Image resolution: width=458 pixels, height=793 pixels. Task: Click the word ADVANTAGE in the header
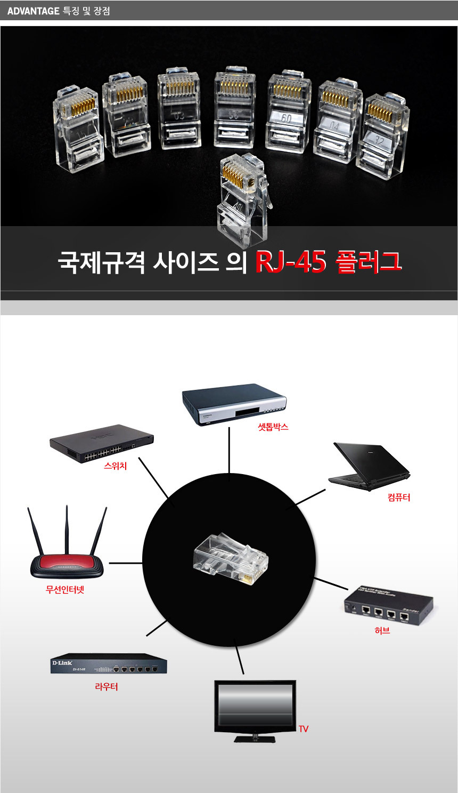tap(33, 11)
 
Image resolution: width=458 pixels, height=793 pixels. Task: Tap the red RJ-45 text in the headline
tap(290, 262)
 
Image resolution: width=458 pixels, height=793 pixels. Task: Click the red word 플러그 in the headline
tap(368, 262)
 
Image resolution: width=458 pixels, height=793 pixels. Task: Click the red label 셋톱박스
tap(273, 427)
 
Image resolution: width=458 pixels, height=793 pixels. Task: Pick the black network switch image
tap(101, 443)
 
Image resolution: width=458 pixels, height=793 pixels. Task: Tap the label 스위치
tap(115, 466)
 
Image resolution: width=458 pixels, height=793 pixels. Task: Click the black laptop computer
tap(368, 466)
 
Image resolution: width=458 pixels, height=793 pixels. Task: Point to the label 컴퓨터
tap(399, 498)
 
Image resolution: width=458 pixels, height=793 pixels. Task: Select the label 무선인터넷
tap(65, 590)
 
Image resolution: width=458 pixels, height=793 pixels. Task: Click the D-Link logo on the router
tap(62, 663)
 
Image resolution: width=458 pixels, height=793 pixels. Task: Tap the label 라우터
tap(107, 687)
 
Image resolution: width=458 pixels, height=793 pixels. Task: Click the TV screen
tap(255, 704)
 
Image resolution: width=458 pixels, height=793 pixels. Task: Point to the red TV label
tap(304, 729)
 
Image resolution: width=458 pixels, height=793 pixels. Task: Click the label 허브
tap(382, 630)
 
